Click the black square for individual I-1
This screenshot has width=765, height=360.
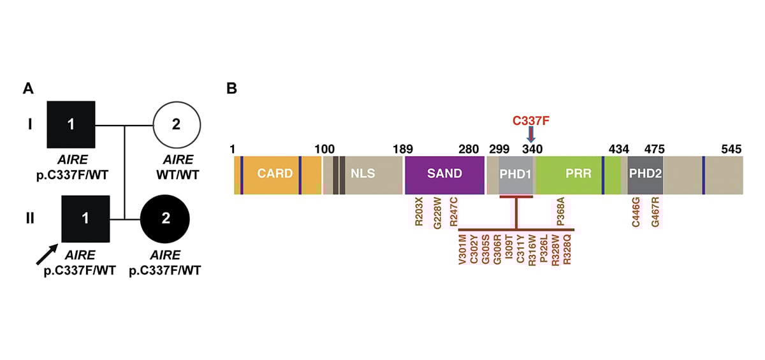[71, 125]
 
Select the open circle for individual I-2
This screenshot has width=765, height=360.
[177, 125]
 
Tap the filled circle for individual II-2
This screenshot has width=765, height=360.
[165, 219]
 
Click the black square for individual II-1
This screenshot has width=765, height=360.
[85, 219]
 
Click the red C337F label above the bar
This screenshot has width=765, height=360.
[531, 120]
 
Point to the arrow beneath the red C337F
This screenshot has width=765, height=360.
[531, 135]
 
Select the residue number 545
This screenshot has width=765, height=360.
[731, 149]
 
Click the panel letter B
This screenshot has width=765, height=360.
[232, 89]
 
